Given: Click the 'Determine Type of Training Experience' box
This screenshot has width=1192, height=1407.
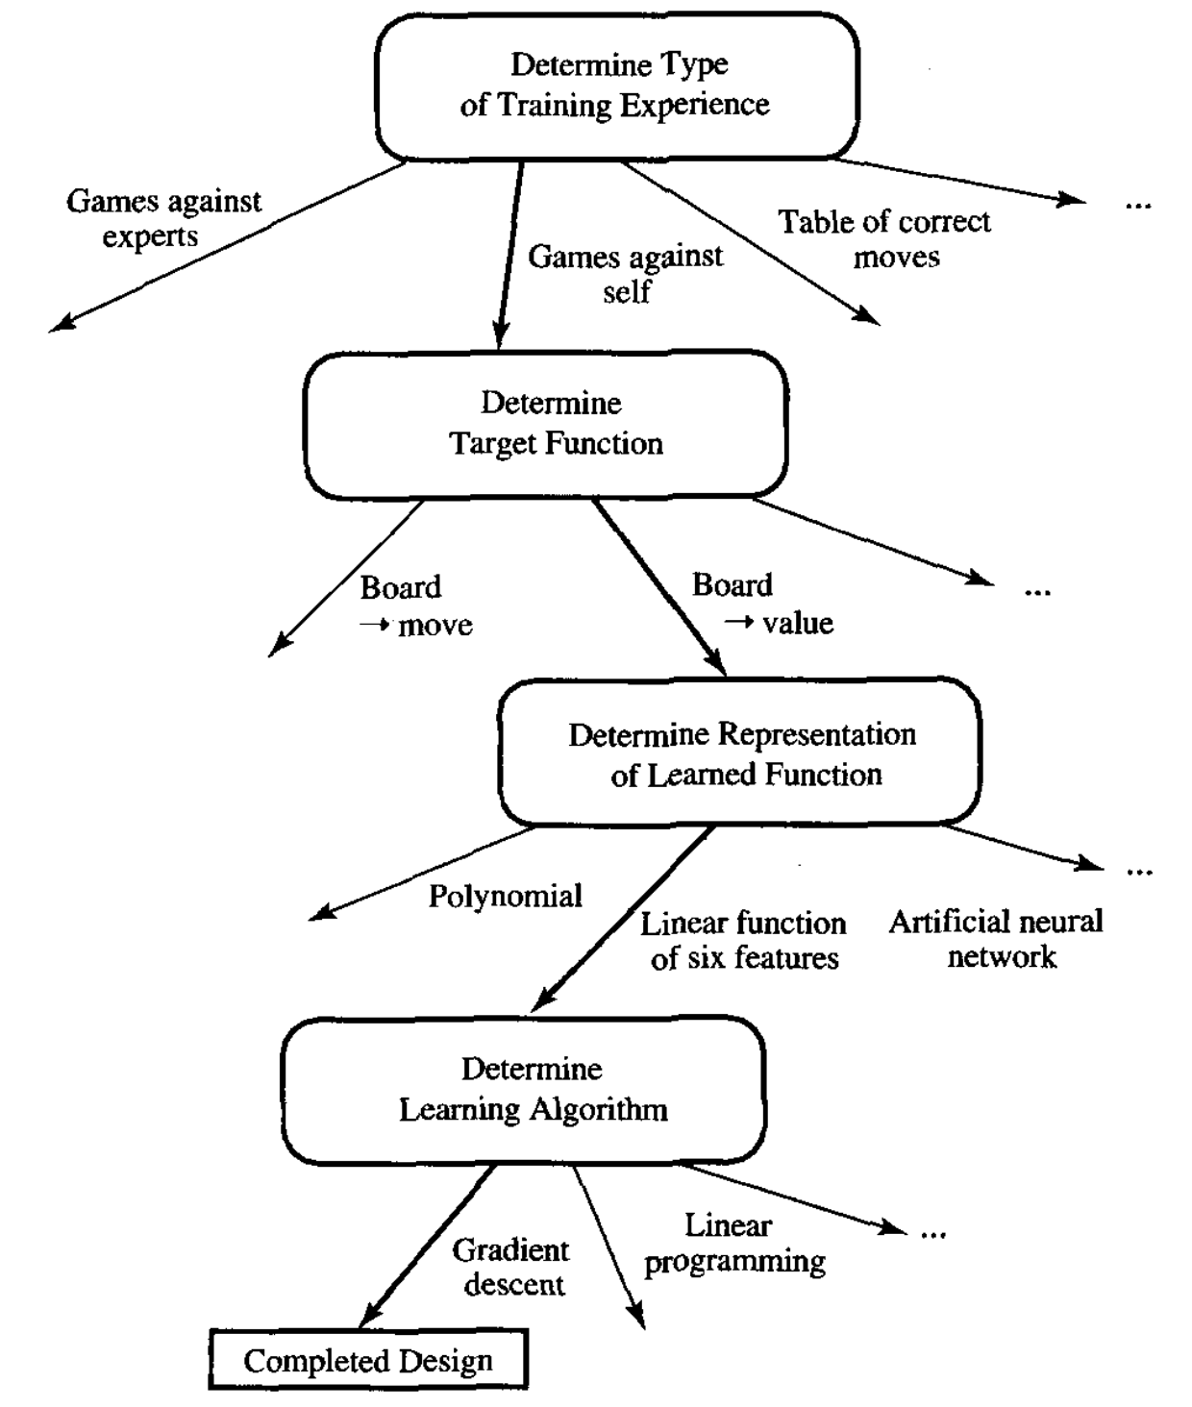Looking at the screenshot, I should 616,86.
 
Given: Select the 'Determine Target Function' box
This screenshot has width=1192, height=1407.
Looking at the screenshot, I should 546,424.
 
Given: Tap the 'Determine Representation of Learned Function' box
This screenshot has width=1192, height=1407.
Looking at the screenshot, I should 739,753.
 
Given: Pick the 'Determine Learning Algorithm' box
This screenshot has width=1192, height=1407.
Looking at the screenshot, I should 523,1090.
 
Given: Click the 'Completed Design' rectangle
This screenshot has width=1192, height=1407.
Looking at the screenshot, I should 368,1361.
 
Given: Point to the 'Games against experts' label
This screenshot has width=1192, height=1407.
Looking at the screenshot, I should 162,218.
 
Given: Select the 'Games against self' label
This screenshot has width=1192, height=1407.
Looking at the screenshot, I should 625,274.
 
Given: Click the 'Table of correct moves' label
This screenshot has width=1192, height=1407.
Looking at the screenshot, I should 884,238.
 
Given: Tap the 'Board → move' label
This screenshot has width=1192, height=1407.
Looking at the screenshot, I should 415,605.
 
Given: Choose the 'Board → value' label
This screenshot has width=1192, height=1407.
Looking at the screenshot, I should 762,604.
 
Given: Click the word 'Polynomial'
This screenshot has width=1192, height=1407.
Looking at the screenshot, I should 505,896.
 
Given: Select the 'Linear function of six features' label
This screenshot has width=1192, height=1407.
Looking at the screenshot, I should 743,940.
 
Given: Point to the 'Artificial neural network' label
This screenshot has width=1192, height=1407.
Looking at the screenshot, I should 996,939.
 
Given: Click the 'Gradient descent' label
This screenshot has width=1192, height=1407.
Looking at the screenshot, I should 511,1267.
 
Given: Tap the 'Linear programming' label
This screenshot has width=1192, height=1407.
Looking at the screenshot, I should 734,1243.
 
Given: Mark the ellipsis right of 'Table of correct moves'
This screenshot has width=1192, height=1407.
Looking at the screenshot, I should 1137,204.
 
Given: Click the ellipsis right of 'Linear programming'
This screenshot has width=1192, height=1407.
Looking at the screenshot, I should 932,1232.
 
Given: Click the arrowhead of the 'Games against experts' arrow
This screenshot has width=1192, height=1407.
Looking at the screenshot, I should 61,325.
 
